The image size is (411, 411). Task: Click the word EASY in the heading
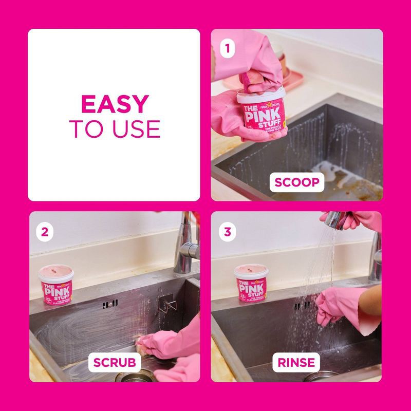point(114,105)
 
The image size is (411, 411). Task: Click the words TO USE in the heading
point(114,129)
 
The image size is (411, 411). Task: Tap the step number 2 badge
point(45,231)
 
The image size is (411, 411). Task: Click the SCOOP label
point(297,182)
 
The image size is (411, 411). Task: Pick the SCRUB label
point(114,363)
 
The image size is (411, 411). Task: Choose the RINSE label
point(296,363)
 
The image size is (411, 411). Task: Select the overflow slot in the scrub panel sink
point(110,305)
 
